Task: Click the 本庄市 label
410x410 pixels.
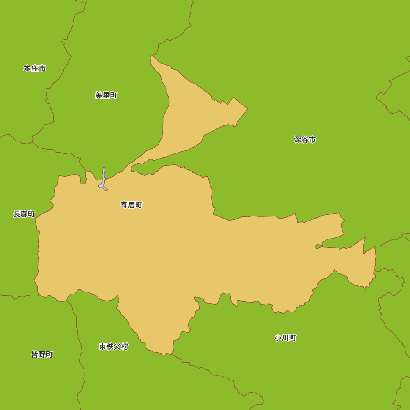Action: [34, 68]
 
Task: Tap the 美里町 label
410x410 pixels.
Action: [106, 96]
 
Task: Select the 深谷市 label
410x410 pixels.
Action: [305, 140]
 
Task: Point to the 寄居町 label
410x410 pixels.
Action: [131, 205]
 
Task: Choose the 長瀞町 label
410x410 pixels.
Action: [24, 214]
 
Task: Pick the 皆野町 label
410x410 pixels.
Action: [42, 355]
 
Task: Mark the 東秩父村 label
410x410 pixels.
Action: [114, 347]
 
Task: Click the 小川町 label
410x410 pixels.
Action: [285, 338]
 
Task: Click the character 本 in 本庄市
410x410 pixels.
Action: [27, 68]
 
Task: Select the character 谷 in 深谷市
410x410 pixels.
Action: [305, 140]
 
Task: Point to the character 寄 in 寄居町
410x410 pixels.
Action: [124, 205]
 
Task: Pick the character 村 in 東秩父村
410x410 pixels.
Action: [125, 347]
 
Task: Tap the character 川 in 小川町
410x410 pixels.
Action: [285, 338]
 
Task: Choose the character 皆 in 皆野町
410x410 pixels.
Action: [35, 355]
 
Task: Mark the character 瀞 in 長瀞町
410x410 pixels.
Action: [24, 214]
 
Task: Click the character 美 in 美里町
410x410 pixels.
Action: [99, 96]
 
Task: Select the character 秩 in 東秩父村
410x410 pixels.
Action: [110, 347]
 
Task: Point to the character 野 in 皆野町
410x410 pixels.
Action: [42, 355]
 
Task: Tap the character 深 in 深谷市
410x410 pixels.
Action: [298, 140]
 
